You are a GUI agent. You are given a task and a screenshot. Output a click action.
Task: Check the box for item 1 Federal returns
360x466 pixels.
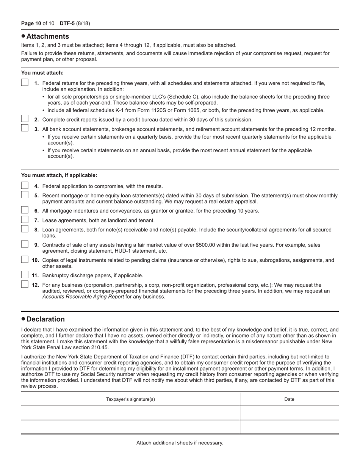25,82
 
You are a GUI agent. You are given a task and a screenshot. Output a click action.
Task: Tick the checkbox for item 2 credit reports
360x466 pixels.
25,119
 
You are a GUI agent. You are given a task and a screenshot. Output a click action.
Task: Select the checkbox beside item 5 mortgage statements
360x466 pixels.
25,195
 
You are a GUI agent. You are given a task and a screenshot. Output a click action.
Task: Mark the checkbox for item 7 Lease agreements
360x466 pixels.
25,220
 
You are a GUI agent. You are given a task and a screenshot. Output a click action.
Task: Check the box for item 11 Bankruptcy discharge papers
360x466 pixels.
25,275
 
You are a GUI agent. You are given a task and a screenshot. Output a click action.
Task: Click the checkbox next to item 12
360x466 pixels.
25,284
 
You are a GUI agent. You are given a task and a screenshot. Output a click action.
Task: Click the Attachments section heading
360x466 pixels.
47,36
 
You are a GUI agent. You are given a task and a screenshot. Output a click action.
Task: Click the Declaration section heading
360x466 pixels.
45,319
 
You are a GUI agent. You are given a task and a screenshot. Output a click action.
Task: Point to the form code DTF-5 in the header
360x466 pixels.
67,23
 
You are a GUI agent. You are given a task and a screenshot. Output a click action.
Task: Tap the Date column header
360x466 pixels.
289,399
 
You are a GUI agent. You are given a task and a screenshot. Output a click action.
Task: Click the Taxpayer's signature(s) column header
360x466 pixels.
130,399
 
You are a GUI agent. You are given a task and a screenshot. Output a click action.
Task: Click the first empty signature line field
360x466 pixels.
130,413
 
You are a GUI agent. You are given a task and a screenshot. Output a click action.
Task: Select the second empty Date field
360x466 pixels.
289,427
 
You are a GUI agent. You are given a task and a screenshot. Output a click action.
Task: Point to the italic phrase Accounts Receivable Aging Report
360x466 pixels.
83,297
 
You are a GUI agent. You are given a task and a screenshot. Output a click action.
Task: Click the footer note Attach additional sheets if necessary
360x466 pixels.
180,443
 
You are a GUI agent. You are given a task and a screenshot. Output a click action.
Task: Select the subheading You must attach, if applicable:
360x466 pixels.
59,175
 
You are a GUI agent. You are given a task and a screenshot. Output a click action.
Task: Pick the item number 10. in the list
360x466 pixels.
36,260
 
